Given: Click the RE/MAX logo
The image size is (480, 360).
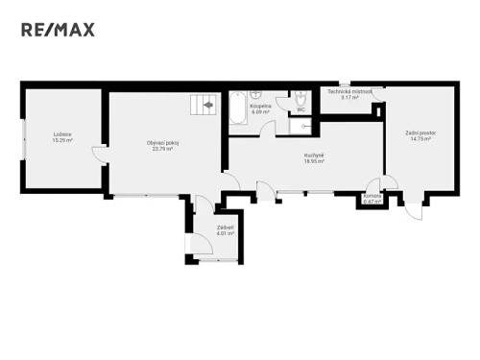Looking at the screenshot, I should pyautogui.click(x=59, y=30).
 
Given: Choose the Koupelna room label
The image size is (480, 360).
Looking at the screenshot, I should pyautogui.click(x=260, y=107).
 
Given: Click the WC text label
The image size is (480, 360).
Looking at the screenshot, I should pyautogui.click(x=300, y=110).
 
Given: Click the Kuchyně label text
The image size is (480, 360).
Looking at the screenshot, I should pyautogui.click(x=313, y=156).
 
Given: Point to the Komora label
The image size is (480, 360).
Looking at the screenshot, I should pyautogui.click(x=372, y=195).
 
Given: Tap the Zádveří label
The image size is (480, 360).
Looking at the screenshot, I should pyautogui.click(x=224, y=227).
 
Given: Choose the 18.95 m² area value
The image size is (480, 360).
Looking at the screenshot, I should pyautogui.click(x=313, y=162).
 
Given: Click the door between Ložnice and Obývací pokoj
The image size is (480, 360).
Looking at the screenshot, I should pyautogui.click(x=100, y=154).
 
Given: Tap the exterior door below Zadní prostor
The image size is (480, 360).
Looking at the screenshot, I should pyautogui.click(x=411, y=211).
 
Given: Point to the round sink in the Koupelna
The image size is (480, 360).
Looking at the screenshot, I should pyautogui.click(x=256, y=96).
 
